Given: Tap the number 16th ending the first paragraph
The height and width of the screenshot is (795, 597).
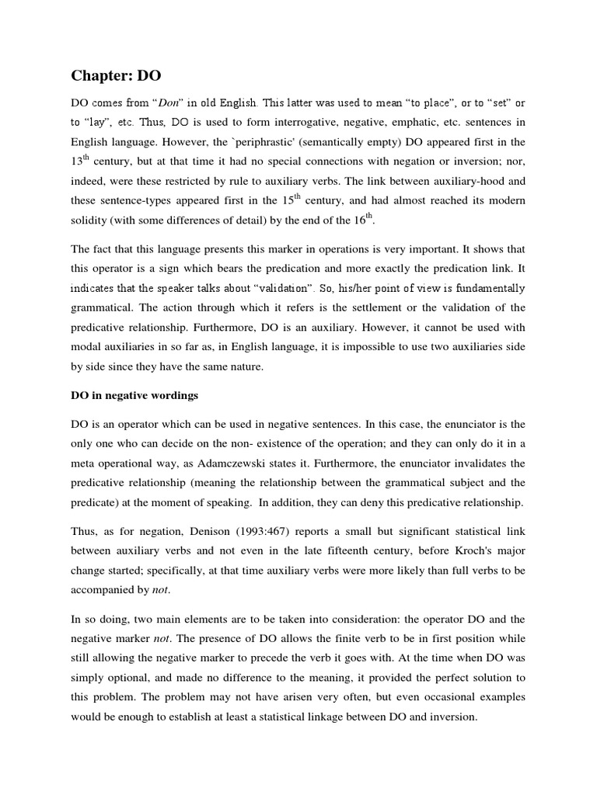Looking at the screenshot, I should (x=365, y=220).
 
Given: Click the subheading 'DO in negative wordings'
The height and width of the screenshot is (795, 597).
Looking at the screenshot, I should (x=134, y=396).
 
